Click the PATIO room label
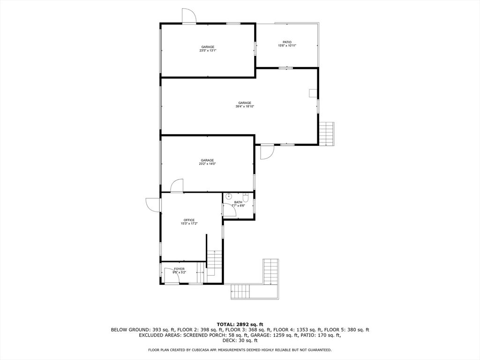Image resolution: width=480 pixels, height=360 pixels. [287, 42]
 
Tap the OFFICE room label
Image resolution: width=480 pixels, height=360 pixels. [189, 220]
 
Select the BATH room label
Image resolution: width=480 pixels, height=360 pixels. [239, 202]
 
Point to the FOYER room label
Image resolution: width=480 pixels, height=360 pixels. [180, 269]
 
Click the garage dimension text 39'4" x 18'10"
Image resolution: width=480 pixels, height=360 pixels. [245, 106]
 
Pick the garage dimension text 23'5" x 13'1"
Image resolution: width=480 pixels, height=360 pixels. [208, 51]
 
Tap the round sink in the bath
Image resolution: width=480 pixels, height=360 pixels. [229, 196]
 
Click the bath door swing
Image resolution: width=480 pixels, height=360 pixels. [230, 210]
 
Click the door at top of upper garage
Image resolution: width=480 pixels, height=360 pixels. [188, 16]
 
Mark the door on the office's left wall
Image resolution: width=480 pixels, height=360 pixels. [153, 205]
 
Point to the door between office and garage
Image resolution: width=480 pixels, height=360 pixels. [177, 186]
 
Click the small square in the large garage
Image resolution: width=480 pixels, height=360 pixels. [313, 93]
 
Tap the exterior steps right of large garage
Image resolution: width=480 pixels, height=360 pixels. [326, 134]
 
